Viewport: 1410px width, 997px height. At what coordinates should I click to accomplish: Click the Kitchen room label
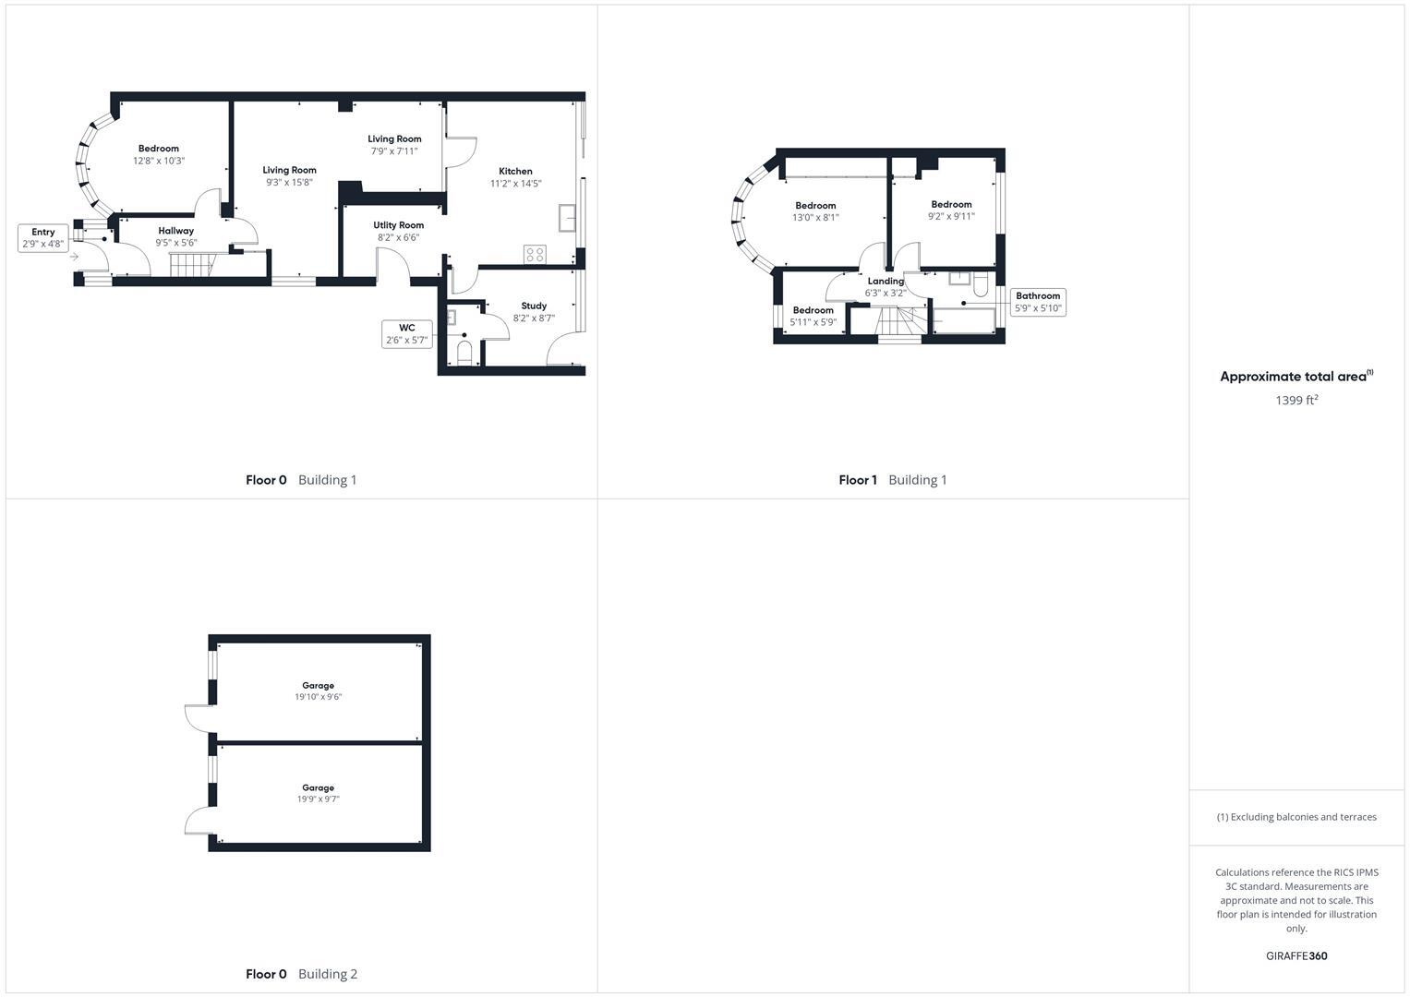coord(515,171)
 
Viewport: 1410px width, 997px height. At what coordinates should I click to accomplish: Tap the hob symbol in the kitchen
coord(535,254)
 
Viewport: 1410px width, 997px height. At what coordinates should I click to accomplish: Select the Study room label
coord(534,306)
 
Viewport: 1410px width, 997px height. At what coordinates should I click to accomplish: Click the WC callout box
coord(406,334)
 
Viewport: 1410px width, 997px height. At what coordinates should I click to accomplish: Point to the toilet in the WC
coord(464,352)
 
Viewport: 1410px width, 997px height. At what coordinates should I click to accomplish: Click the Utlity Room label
coord(399,225)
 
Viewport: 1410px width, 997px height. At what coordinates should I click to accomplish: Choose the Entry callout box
coord(42,238)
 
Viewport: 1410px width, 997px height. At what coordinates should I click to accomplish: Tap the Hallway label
coord(175,231)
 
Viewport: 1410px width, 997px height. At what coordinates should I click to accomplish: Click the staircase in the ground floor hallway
coord(191,265)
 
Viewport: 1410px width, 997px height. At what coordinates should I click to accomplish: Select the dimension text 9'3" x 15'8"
coord(289,182)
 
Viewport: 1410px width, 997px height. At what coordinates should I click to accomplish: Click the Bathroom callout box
coord(1038,302)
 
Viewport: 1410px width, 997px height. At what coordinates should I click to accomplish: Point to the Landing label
coord(886,282)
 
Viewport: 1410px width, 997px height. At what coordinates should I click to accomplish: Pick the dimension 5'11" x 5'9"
coord(813,322)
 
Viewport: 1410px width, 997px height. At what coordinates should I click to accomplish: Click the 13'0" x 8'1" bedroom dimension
coord(815,218)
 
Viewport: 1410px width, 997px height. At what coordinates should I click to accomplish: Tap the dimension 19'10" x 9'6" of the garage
coord(318,697)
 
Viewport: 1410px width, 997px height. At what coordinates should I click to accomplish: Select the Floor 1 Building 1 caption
coord(892,480)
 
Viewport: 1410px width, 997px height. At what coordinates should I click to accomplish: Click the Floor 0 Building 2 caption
coord(301,974)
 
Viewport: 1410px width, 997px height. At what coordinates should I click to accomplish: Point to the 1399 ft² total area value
coord(1296,401)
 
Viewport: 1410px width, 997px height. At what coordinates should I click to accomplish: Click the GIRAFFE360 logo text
coord(1296,956)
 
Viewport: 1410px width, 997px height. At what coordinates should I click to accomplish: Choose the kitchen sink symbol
coord(567,219)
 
